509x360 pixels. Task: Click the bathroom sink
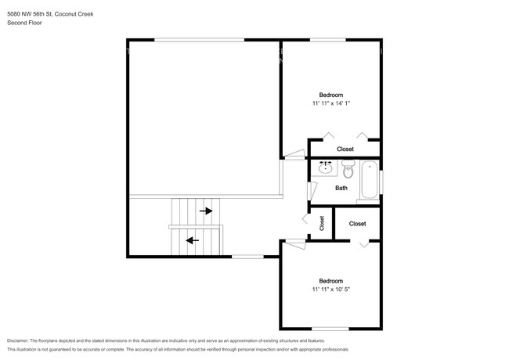point(326,167)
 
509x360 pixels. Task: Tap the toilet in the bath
point(348,169)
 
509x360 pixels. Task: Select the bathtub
point(369,179)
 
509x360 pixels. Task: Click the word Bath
point(341,188)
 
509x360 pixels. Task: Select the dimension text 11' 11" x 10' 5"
point(330,290)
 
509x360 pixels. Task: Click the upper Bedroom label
point(331,95)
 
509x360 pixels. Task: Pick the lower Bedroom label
point(330,281)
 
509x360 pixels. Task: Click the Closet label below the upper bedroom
point(345,149)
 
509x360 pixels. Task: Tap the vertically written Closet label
point(322,223)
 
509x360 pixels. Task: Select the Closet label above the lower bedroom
point(357,224)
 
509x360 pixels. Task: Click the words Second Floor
point(24,23)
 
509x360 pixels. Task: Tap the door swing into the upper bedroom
point(294,153)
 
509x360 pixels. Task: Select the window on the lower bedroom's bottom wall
point(330,329)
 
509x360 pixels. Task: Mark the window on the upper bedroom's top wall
point(327,39)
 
